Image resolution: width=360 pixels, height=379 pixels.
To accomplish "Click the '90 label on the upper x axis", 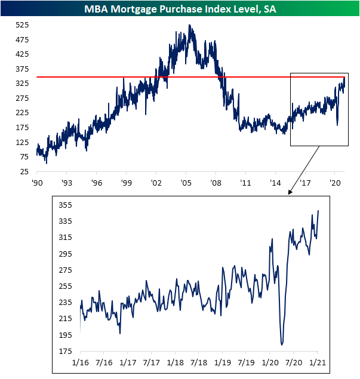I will coord(37,182).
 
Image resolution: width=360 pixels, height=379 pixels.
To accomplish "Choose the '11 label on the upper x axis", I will coord(245,182).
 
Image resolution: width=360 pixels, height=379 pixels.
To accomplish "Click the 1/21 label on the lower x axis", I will coord(318,362).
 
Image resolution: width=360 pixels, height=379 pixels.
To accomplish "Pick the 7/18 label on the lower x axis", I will coord(199,362).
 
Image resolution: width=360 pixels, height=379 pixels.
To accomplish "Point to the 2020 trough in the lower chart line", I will coord(282,344).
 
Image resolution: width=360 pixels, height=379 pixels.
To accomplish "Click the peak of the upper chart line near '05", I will coord(189,26).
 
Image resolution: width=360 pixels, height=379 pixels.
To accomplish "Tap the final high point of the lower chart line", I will coord(318,211).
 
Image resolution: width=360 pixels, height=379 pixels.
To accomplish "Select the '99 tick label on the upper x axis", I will coord(126,182).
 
